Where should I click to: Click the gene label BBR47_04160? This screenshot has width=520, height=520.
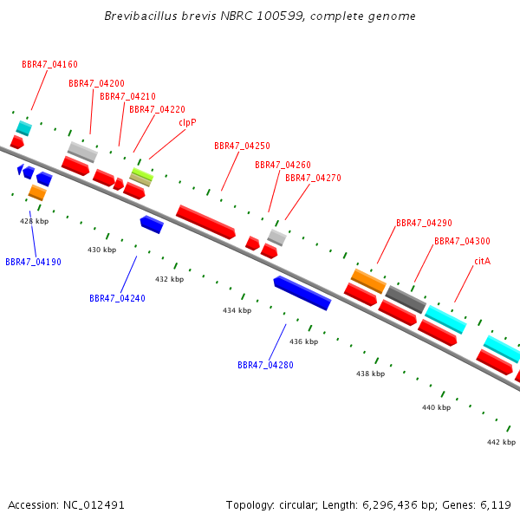coord(49,64)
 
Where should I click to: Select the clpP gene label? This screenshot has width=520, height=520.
coord(187,123)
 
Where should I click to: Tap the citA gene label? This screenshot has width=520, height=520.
coord(482,262)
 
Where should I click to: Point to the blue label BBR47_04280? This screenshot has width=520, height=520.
coord(266,365)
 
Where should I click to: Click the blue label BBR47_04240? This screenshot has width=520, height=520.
coord(117,298)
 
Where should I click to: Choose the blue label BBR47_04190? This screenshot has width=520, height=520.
coord(34,262)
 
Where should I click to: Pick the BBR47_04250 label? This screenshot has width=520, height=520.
coord(242,146)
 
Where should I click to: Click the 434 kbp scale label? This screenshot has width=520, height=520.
coord(237,310)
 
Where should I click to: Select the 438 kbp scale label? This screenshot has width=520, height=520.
coord(370,374)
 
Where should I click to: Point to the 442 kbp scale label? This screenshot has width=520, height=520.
coord(502,442)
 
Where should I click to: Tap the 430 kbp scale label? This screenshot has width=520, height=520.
coord(101,250)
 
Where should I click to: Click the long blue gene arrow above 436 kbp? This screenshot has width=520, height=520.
coord(302,293)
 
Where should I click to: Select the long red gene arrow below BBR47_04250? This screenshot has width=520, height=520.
coord(205,222)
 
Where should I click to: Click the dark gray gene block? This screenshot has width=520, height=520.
coord(406,299)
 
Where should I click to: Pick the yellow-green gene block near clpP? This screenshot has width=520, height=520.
coord(143,174)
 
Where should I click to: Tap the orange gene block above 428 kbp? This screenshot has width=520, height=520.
coord(37,192)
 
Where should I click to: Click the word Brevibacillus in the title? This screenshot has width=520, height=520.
coord(141,16)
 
